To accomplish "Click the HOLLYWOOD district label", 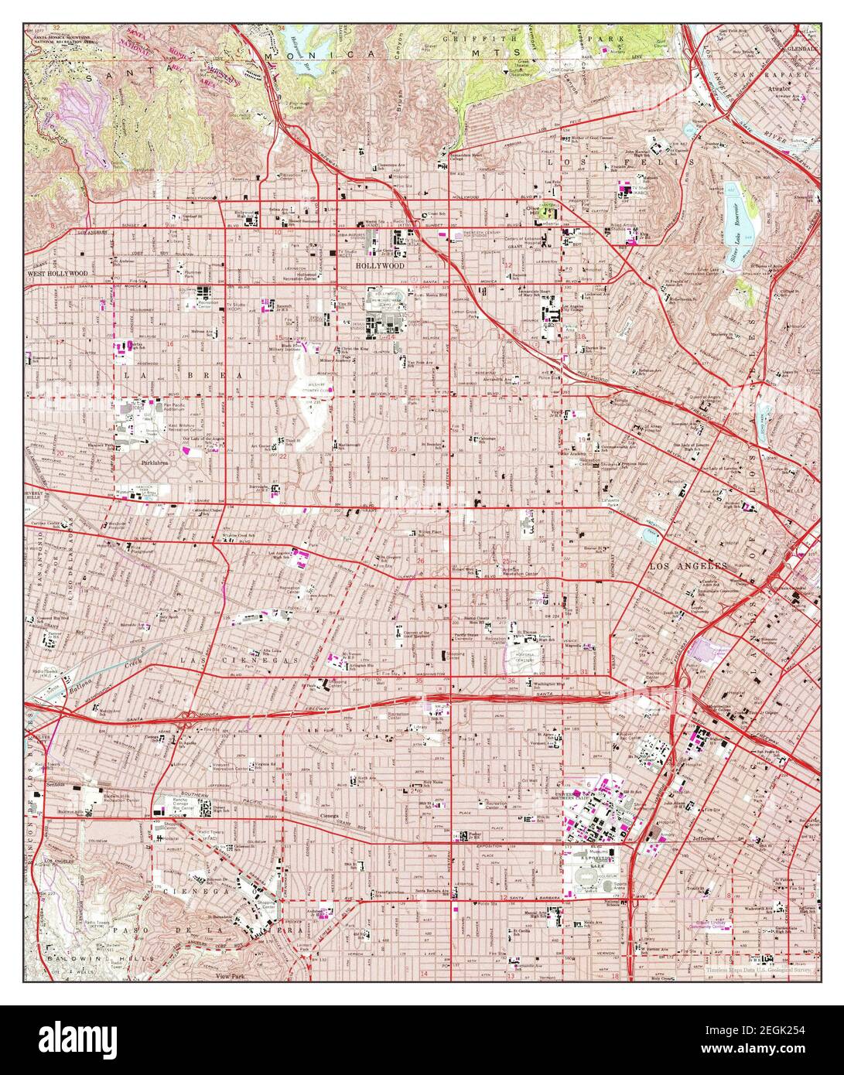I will point(380,265).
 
